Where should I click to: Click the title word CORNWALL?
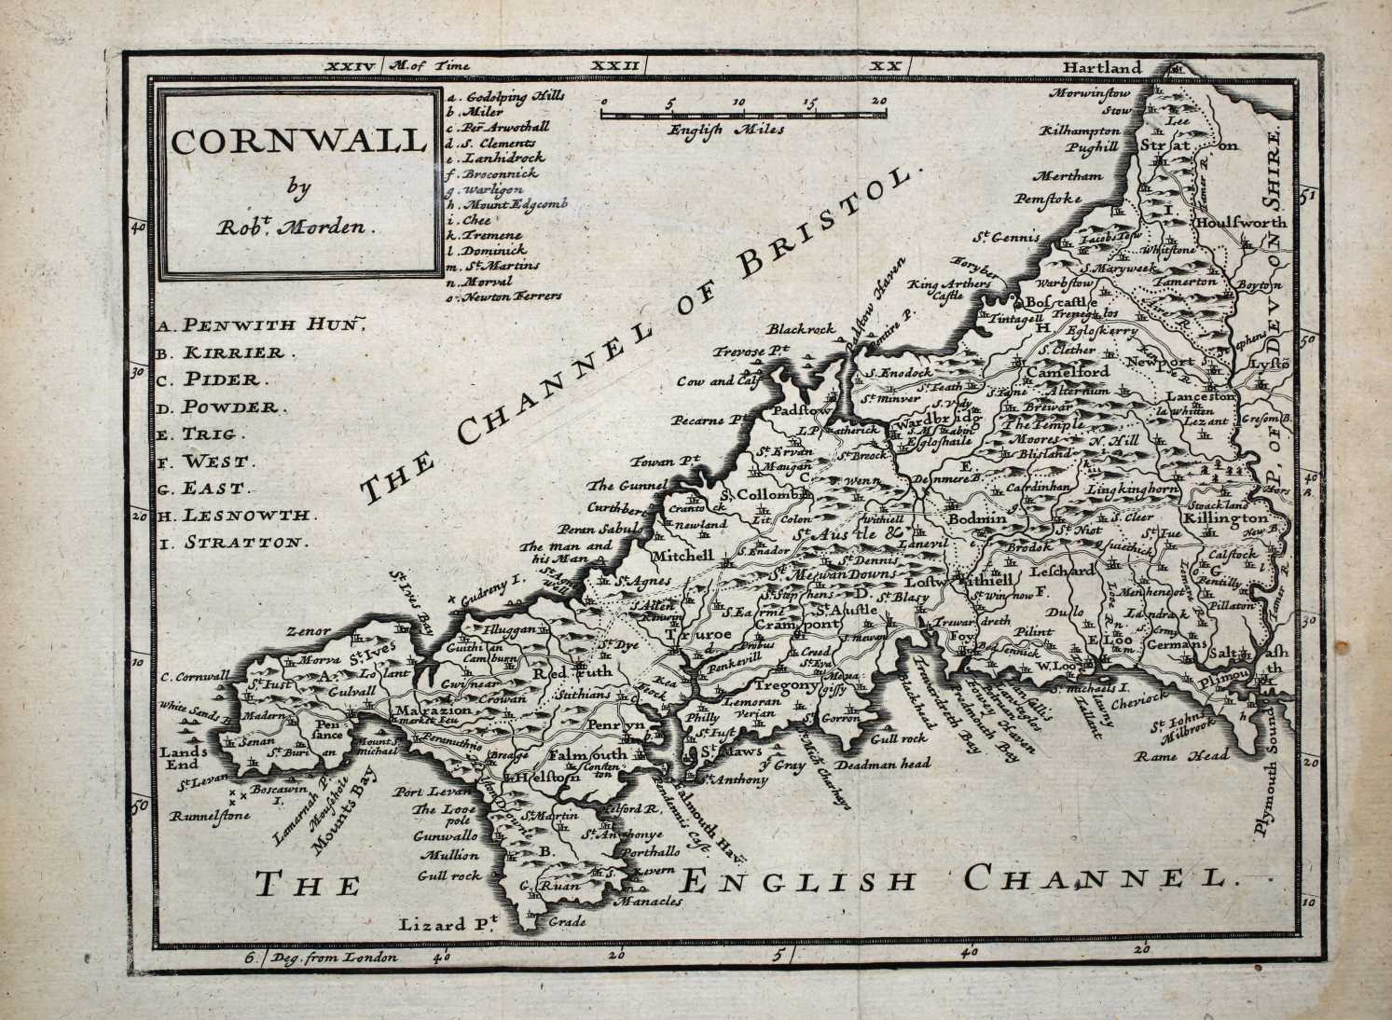(x=296, y=143)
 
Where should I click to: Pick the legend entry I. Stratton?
(x=231, y=542)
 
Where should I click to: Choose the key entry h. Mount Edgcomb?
(x=508, y=203)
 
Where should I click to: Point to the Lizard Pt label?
(x=449, y=924)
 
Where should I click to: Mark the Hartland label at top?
(x=1100, y=68)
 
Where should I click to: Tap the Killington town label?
(x=1225, y=517)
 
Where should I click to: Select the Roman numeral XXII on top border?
(x=616, y=66)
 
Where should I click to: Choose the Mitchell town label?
(x=687, y=555)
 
